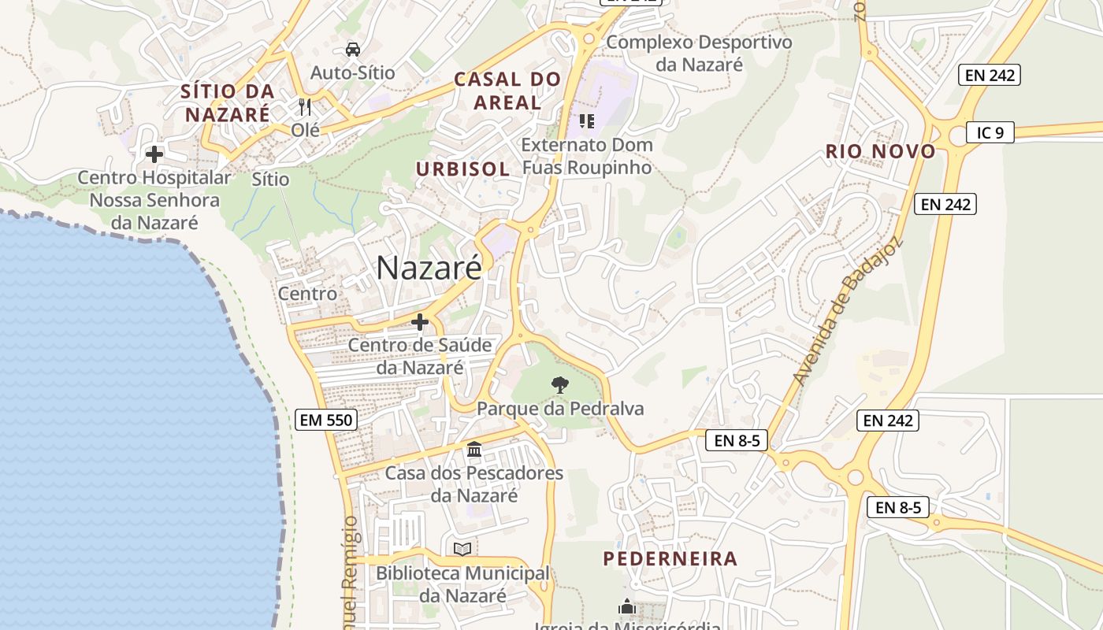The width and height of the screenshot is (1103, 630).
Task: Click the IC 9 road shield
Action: (x=990, y=132)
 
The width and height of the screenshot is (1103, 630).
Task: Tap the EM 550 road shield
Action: (x=327, y=420)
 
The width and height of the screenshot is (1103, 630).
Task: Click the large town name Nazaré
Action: (x=429, y=268)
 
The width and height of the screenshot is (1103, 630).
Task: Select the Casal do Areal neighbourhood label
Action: (x=507, y=90)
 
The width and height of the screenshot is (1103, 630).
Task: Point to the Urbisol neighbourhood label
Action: (x=463, y=169)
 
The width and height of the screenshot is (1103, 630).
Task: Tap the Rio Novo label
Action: (x=881, y=151)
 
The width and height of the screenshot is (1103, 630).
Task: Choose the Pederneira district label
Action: (x=670, y=558)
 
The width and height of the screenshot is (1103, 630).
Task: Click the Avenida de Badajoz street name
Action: (x=846, y=313)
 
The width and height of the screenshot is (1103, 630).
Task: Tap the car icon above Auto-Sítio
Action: (x=352, y=50)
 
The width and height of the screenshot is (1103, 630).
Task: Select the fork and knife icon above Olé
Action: (x=305, y=106)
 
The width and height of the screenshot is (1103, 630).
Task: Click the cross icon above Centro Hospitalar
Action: (x=154, y=154)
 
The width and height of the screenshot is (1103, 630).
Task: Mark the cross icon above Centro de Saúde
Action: (x=420, y=322)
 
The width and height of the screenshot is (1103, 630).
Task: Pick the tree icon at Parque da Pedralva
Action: (x=559, y=385)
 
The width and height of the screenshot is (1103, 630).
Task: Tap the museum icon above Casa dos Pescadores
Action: (x=474, y=450)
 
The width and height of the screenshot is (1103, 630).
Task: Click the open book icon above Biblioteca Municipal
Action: (x=462, y=549)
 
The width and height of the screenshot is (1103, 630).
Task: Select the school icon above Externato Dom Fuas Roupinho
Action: (x=586, y=121)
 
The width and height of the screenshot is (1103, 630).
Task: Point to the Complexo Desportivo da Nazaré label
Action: (x=699, y=53)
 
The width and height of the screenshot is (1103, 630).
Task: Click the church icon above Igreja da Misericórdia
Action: (x=627, y=606)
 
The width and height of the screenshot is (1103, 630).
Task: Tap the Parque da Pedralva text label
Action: (x=560, y=409)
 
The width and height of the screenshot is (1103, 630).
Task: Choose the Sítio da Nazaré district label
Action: (x=227, y=102)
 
